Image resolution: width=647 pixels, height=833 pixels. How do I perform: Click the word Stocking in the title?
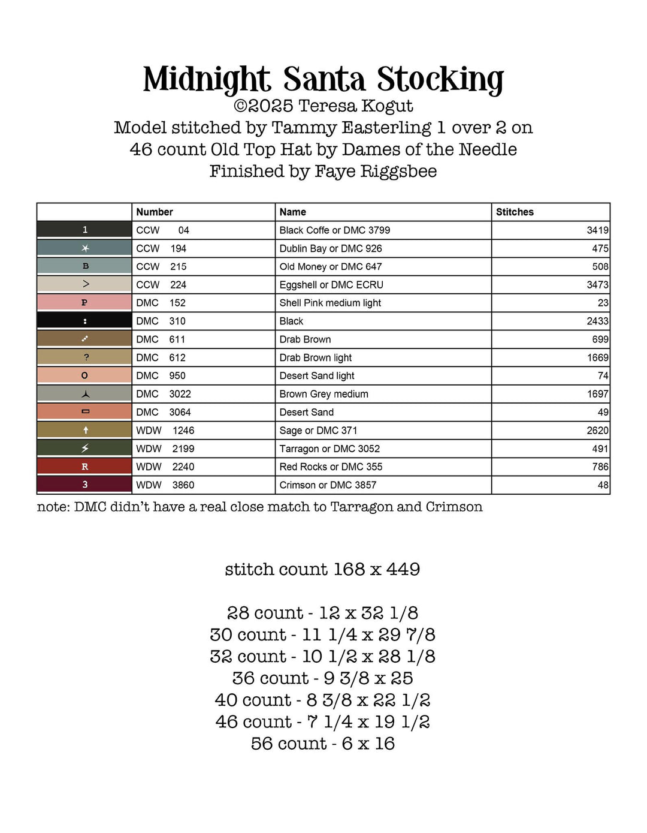click(x=440, y=79)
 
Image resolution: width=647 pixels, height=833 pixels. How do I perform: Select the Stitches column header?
click(x=515, y=212)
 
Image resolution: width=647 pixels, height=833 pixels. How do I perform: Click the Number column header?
click(x=155, y=212)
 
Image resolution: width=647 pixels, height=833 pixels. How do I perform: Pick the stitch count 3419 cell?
click(x=597, y=230)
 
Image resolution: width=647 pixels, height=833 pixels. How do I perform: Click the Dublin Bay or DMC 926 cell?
click(x=331, y=248)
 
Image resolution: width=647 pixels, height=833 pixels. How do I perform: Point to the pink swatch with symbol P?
click(x=84, y=303)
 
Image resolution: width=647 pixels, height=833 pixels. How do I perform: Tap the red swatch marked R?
click(x=84, y=467)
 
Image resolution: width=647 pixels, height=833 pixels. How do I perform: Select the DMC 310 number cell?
click(x=161, y=321)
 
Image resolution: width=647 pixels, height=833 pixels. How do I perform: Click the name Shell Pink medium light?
click(x=330, y=303)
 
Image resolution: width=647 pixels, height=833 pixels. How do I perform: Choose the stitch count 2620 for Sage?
click(x=597, y=431)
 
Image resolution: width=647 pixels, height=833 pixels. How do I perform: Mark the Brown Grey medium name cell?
click(x=323, y=394)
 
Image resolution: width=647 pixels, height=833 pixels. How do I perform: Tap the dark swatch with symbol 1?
click(x=84, y=230)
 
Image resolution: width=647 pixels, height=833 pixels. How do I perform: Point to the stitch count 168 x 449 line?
click(x=322, y=569)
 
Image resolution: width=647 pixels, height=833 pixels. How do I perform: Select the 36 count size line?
click(x=322, y=678)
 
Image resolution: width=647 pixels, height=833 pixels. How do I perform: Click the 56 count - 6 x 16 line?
click(x=322, y=744)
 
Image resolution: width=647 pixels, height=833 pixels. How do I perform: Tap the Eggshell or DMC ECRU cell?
click(x=331, y=285)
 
